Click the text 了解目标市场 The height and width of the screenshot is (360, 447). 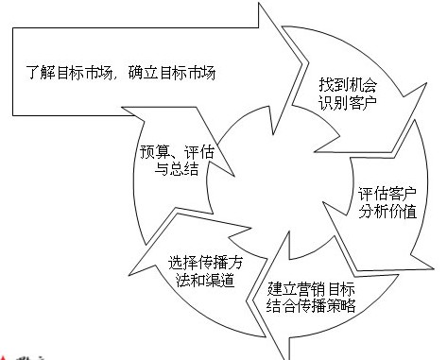67,72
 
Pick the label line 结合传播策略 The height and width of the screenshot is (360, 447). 312,305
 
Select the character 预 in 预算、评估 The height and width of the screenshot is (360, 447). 134,149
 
